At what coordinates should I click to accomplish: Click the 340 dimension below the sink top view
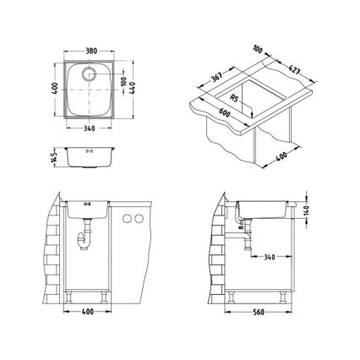(x=90, y=128)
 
